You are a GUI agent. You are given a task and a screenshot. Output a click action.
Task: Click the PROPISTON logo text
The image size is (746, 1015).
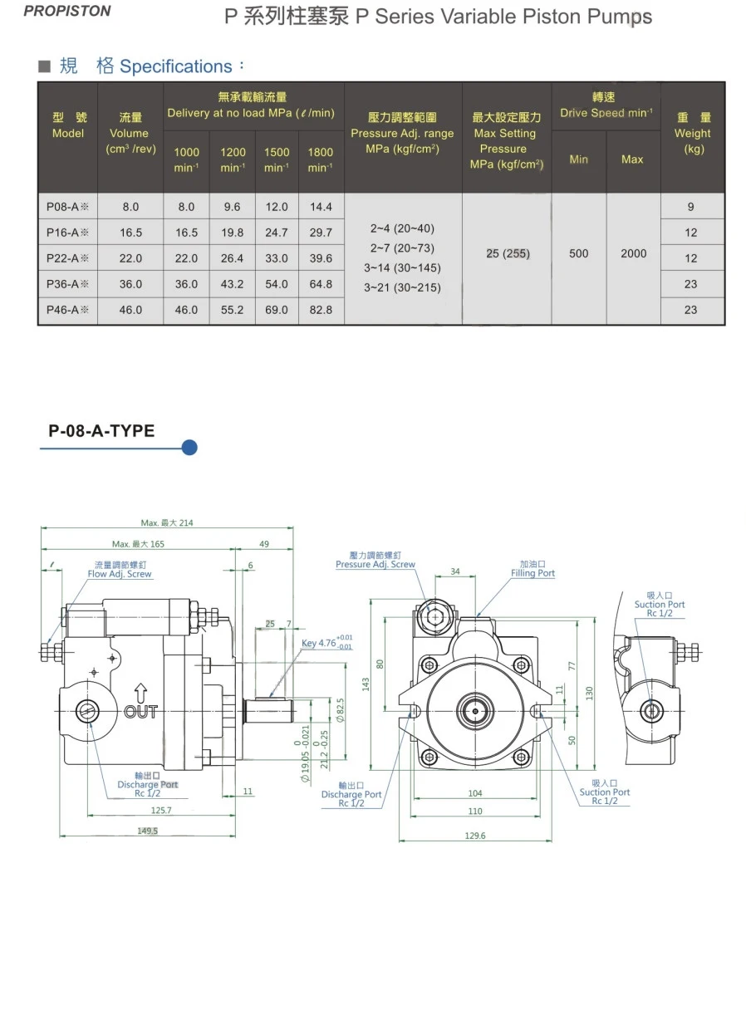click(67, 12)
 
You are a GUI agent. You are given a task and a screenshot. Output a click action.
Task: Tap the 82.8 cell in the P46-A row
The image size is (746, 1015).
click(321, 310)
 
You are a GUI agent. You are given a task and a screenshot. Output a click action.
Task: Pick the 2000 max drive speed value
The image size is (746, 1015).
click(633, 253)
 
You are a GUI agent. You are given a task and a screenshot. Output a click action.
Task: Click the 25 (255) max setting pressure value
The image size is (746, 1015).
click(507, 253)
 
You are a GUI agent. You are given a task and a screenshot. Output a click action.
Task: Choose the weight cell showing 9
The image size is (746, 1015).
click(691, 207)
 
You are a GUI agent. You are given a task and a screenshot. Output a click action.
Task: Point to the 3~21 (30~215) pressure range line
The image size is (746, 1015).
click(402, 287)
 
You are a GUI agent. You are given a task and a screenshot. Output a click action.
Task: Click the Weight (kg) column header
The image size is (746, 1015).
click(692, 133)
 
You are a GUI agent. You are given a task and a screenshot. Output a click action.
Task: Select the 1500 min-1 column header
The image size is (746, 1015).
click(277, 159)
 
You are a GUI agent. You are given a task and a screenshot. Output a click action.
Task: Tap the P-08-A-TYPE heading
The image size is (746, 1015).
click(101, 430)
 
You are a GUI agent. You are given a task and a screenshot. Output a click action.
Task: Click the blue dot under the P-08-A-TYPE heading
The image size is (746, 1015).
click(189, 449)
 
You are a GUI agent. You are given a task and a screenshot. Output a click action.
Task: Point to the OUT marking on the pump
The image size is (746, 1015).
click(140, 711)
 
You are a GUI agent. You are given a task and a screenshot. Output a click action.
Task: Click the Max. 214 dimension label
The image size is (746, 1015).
click(167, 523)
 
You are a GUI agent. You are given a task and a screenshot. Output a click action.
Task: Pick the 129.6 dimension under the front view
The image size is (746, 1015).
click(475, 836)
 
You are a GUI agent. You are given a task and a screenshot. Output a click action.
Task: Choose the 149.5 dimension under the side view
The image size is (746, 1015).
click(148, 831)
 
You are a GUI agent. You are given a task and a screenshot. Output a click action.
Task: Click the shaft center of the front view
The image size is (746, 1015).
click(474, 710)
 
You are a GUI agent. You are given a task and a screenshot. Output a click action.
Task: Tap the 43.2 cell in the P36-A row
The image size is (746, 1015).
click(233, 284)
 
